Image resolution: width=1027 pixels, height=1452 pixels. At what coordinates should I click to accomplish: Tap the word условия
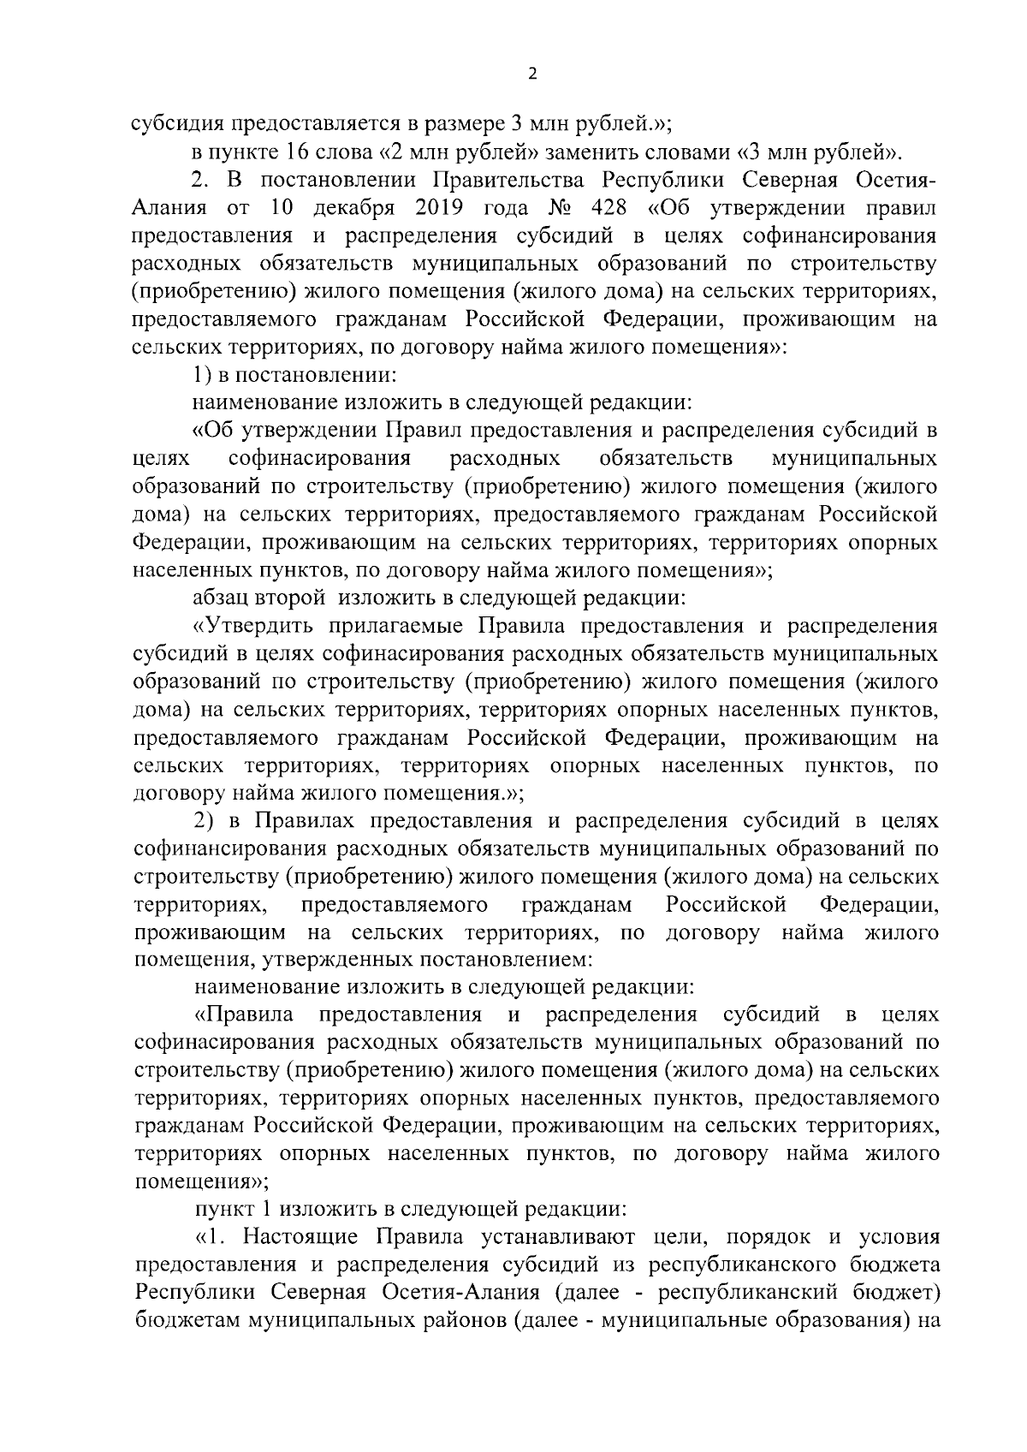pos(899,1238)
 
